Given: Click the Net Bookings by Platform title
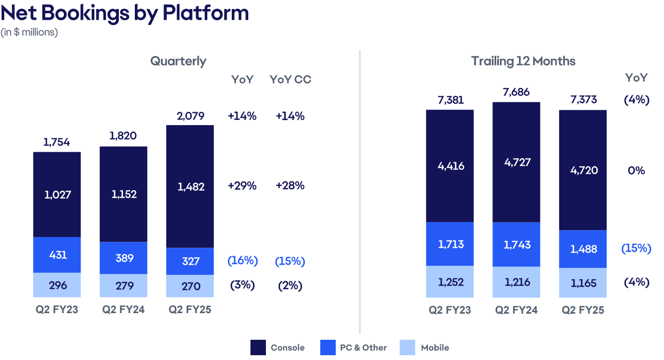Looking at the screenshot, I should tap(125, 13).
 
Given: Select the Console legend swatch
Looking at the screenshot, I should tap(258, 348).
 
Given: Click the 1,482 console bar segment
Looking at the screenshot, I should tap(190, 187).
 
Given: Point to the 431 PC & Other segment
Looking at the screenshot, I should tap(57, 255).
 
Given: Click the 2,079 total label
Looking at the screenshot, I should tap(190, 116).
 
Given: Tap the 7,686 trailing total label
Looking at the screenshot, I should tap(516, 92).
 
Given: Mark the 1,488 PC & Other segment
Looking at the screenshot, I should tap(582, 249).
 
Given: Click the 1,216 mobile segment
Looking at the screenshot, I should tap(516, 282).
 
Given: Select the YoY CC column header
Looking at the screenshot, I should tap(290, 80).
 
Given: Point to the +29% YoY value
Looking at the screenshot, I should tap(242, 186).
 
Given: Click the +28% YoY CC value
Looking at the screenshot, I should tap(290, 186).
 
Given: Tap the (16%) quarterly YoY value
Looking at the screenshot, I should tap(242, 261).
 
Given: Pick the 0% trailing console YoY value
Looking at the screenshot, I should tap(636, 171).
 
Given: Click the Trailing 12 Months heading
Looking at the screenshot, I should tap(523, 61).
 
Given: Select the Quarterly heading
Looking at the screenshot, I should tap(178, 61).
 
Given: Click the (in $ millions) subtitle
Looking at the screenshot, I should tap(29, 32).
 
